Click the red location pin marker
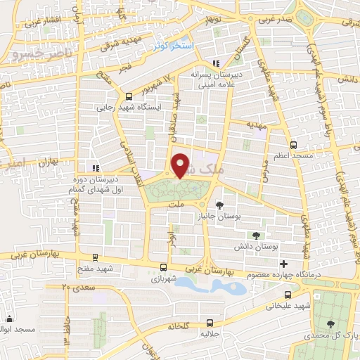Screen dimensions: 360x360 click(181, 165)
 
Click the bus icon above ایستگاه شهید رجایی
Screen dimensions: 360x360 click(128, 96)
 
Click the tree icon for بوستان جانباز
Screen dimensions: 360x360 click(221, 205)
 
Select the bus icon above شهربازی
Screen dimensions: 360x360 click(163, 267)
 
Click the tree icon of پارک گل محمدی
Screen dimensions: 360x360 click(330, 323)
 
